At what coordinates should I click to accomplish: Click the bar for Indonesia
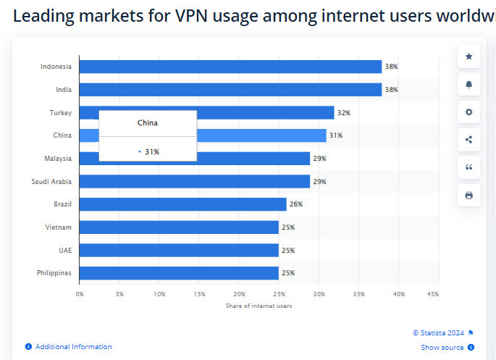[x=230, y=67]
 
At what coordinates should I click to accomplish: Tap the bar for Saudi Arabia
[x=194, y=181]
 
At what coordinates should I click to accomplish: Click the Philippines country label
[x=54, y=273]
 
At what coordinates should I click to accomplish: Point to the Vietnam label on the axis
[x=59, y=227]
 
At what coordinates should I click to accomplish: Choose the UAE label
[x=65, y=250]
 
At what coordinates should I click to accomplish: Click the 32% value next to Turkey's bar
[x=343, y=113]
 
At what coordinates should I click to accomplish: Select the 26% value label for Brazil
[x=295, y=204]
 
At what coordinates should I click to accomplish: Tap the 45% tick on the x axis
[x=433, y=294]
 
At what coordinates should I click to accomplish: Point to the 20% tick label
[x=239, y=294]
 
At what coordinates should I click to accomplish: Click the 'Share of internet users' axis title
[x=258, y=306]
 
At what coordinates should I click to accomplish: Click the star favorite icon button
[x=468, y=56]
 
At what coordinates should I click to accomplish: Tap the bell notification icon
[x=468, y=85]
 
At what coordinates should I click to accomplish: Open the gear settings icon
[x=468, y=112]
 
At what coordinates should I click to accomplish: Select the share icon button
[x=468, y=140]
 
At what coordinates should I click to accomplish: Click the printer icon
[x=468, y=195]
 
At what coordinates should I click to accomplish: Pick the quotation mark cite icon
[x=468, y=167]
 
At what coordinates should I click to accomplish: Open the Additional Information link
[x=73, y=347]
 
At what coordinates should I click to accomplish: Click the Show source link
[x=442, y=348]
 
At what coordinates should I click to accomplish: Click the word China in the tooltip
[x=148, y=123]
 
